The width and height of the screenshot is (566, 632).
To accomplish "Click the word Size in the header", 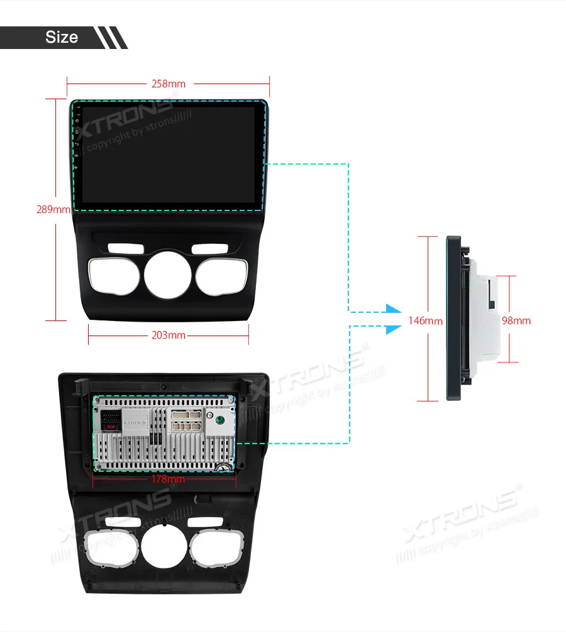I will click(x=62, y=37).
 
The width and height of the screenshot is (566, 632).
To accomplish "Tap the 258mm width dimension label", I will click(x=168, y=84).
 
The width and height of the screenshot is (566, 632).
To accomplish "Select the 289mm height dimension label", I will click(x=53, y=209).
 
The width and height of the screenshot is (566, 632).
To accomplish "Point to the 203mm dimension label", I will click(x=169, y=335).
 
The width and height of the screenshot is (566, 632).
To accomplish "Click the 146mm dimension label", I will click(x=425, y=320).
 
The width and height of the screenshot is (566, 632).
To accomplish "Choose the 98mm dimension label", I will click(x=516, y=320).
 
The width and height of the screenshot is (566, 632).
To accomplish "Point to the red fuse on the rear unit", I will click(x=112, y=426).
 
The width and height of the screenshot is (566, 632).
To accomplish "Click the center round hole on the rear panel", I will click(x=164, y=548).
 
